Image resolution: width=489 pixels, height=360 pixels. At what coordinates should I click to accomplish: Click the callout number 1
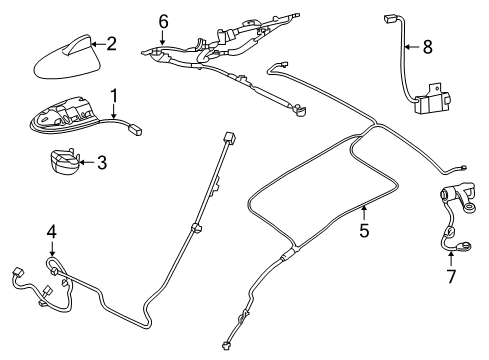point(115,96)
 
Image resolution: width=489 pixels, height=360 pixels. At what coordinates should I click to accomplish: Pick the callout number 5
point(364,231)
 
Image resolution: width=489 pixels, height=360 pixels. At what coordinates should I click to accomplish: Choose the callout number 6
point(164,20)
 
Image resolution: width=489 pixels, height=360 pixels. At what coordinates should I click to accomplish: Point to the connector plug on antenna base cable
point(137,127)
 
